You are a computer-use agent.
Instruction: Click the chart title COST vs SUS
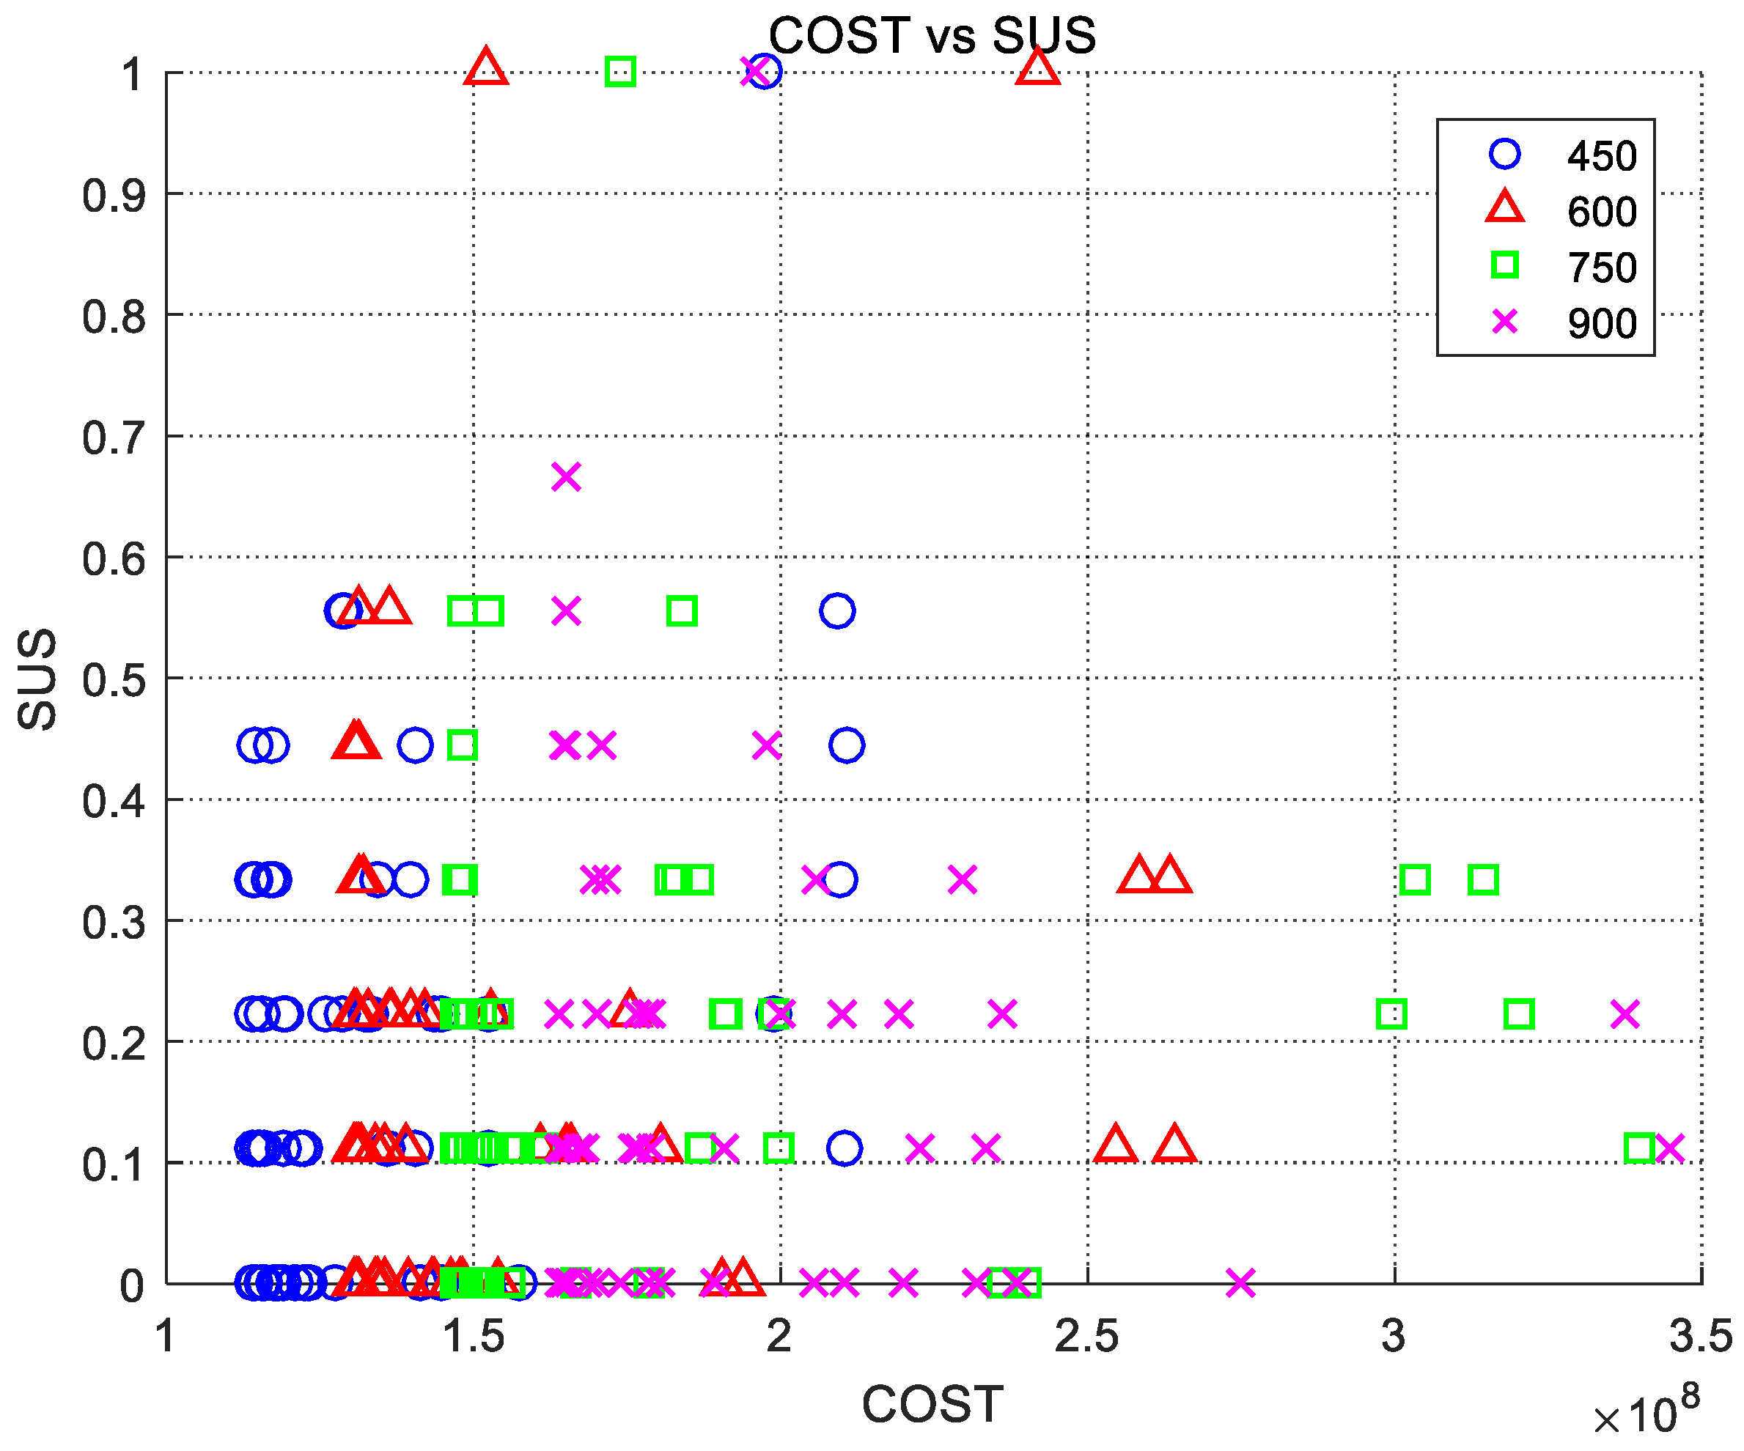pos(932,36)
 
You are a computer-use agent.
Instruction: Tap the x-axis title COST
pos(932,1405)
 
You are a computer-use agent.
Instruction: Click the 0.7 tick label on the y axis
pos(114,437)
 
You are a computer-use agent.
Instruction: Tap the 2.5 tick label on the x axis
pos(1086,1337)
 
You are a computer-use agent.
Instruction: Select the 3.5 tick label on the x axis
pos(1701,1337)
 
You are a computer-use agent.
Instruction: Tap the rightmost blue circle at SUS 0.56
pos(837,611)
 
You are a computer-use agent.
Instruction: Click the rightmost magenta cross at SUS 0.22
pos(1625,1014)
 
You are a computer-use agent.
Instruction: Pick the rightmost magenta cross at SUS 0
pos(1240,1282)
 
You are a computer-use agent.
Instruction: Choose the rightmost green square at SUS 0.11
pos(1640,1149)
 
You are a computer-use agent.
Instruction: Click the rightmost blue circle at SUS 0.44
pos(846,745)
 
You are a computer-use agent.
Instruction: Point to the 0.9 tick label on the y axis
pos(114,196)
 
